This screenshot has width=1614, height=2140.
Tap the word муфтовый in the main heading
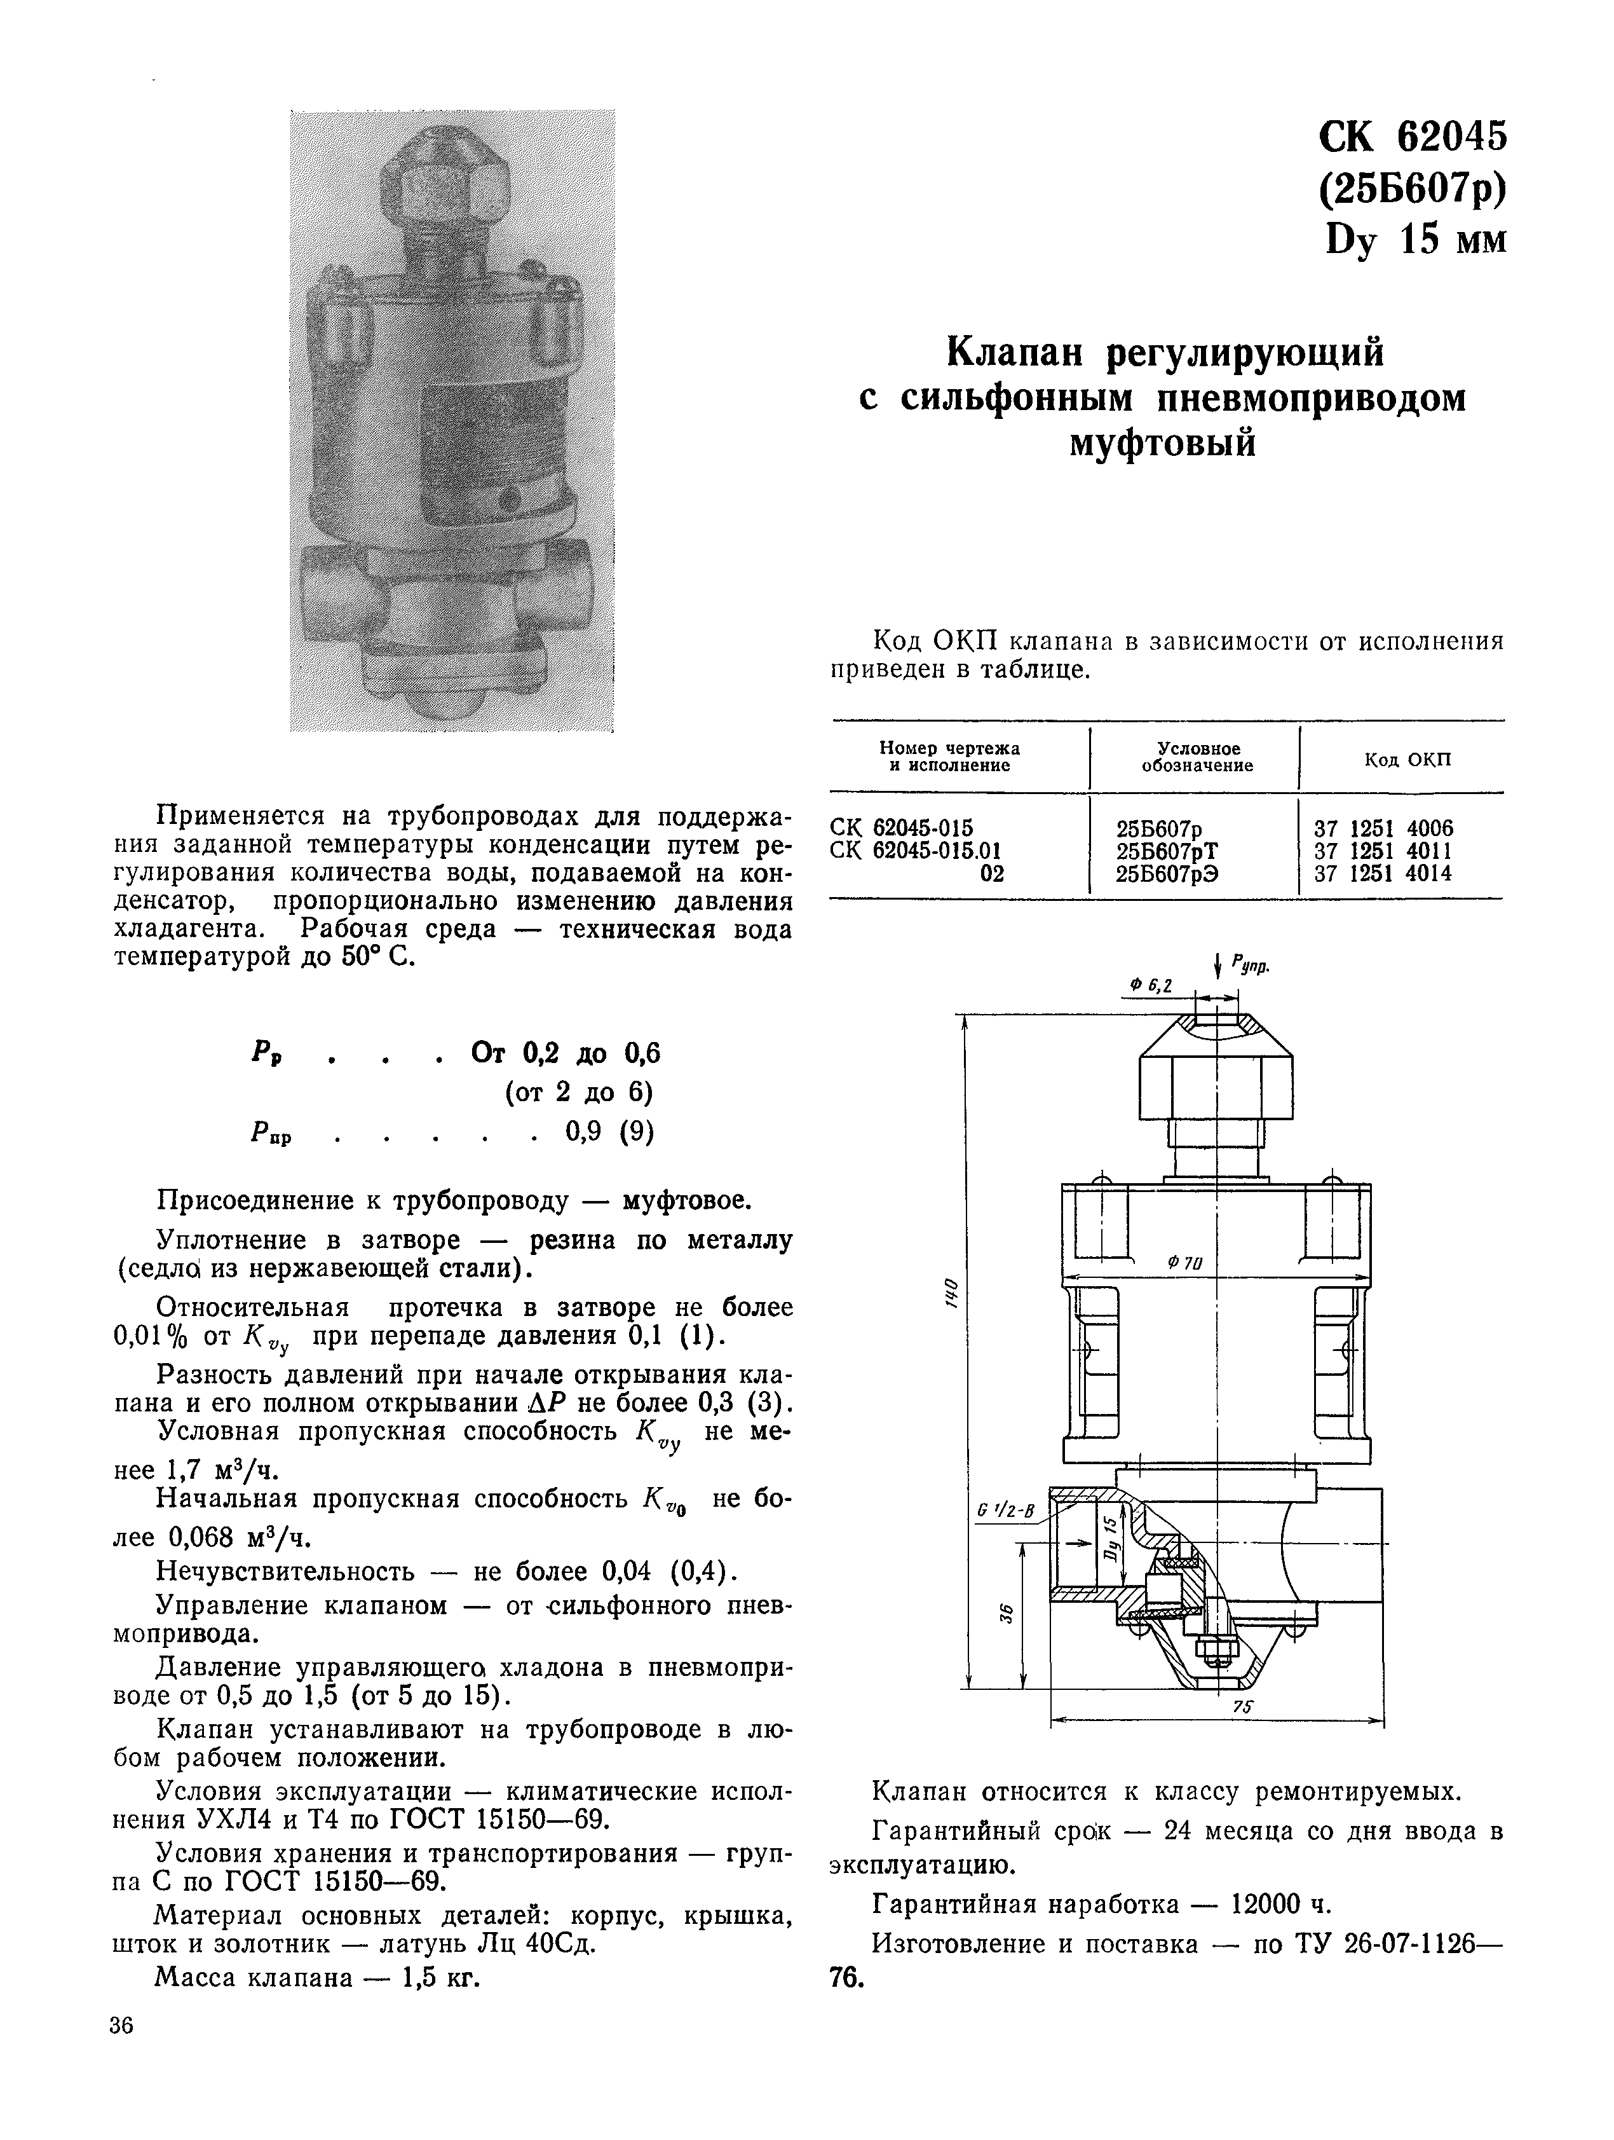[x=1162, y=443]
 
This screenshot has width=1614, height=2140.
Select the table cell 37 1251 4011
[x=1382, y=851]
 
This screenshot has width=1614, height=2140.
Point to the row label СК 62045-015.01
[x=915, y=851]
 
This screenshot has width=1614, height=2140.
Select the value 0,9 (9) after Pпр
[x=609, y=1131]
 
